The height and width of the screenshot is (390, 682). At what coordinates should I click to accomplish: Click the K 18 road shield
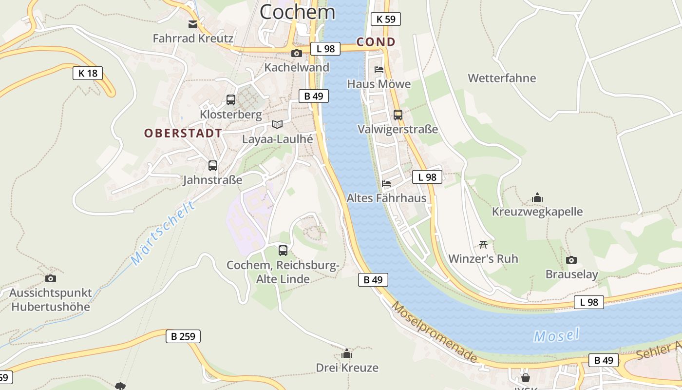click(88, 74)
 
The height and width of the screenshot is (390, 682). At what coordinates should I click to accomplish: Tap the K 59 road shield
click(385, 19)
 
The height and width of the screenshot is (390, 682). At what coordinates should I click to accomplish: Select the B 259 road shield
click(183, 336)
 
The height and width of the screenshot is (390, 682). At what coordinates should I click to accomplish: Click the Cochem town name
click(297, 12)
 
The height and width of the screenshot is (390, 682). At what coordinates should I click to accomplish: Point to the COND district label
click(376, 42)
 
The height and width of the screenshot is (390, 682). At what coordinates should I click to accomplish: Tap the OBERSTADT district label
click(183, 133)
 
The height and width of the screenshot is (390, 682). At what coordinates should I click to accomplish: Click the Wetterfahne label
click(502, 78)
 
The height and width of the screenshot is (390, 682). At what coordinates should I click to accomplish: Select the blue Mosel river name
click(556, 335)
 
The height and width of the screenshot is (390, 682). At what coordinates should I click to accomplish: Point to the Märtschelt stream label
click(164, 233)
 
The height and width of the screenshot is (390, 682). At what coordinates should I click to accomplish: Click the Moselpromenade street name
click(434, 332)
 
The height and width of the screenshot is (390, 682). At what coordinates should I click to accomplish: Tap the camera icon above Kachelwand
click(296, 53)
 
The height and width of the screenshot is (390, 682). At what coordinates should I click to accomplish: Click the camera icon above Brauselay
click(571, 260)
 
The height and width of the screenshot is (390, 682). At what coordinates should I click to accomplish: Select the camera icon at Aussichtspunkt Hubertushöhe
click(50, 279)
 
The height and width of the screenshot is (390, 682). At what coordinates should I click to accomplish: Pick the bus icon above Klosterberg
click(231, 100)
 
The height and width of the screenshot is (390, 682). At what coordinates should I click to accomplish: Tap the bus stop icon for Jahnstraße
click(213, 166)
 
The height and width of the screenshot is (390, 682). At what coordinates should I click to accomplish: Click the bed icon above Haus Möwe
click(379, 70)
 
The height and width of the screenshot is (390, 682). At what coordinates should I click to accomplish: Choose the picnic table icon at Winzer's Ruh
click(483, 244)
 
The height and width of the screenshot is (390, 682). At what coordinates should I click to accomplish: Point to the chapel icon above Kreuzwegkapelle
click(537, 197)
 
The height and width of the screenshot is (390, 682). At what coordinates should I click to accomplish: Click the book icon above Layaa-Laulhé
click(277, 125)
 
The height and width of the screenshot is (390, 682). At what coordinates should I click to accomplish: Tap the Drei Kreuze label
click(347, 368)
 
